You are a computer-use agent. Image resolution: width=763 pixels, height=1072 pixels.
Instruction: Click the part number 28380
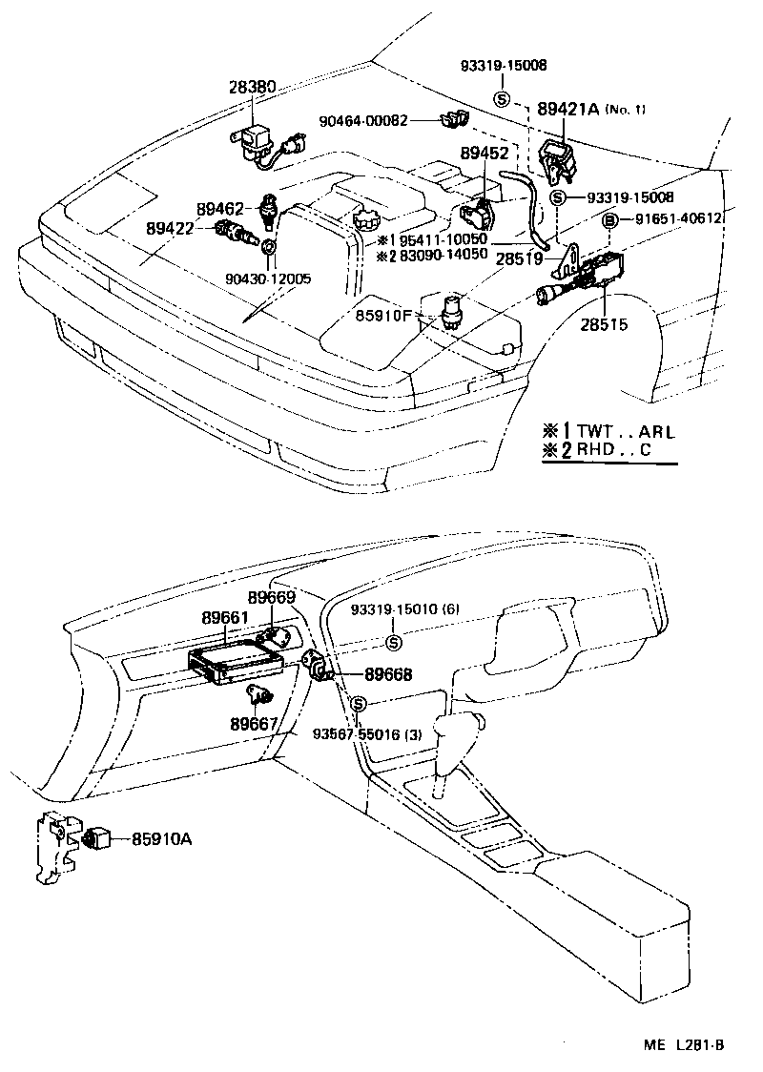pyautogui.click(x=252, y=87)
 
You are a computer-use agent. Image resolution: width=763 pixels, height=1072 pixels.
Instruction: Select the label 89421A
pyautogui.click(x=567, y=110)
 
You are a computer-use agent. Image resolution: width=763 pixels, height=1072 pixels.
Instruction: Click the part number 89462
pyautogui.click(x=222, y=208)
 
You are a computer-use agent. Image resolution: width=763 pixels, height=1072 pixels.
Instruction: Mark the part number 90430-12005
pyautogui.click(x=268, y=278)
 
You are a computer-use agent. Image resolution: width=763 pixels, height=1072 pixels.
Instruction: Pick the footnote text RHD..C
pyautogui.click(x=617, y=451)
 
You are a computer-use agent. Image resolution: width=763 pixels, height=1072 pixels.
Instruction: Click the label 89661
pyautogui.click(x=224, y=618)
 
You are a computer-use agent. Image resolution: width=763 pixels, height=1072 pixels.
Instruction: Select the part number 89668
pyautogui.click(x=387, y=674)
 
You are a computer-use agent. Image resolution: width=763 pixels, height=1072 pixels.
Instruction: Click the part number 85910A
pyautogui.click(x=162, y=839)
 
